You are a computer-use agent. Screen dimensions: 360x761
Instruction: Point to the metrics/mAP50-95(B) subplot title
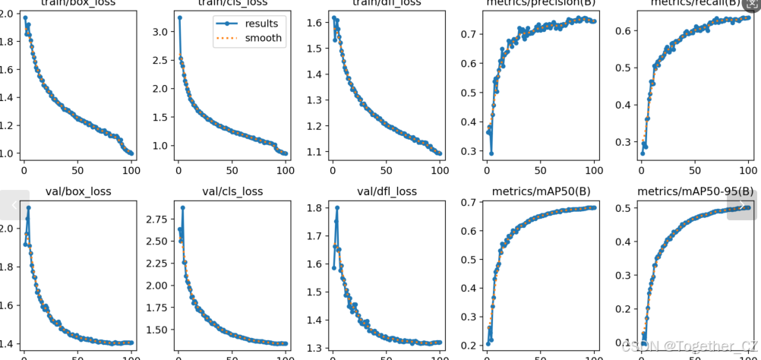[695, 191]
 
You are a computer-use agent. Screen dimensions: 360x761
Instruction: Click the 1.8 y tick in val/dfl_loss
[316, 207]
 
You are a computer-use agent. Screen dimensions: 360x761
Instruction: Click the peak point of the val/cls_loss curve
[182, 207]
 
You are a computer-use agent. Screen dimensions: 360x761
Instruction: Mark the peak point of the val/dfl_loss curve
[337, 207]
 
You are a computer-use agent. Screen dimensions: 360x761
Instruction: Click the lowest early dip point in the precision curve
[491, 153]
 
